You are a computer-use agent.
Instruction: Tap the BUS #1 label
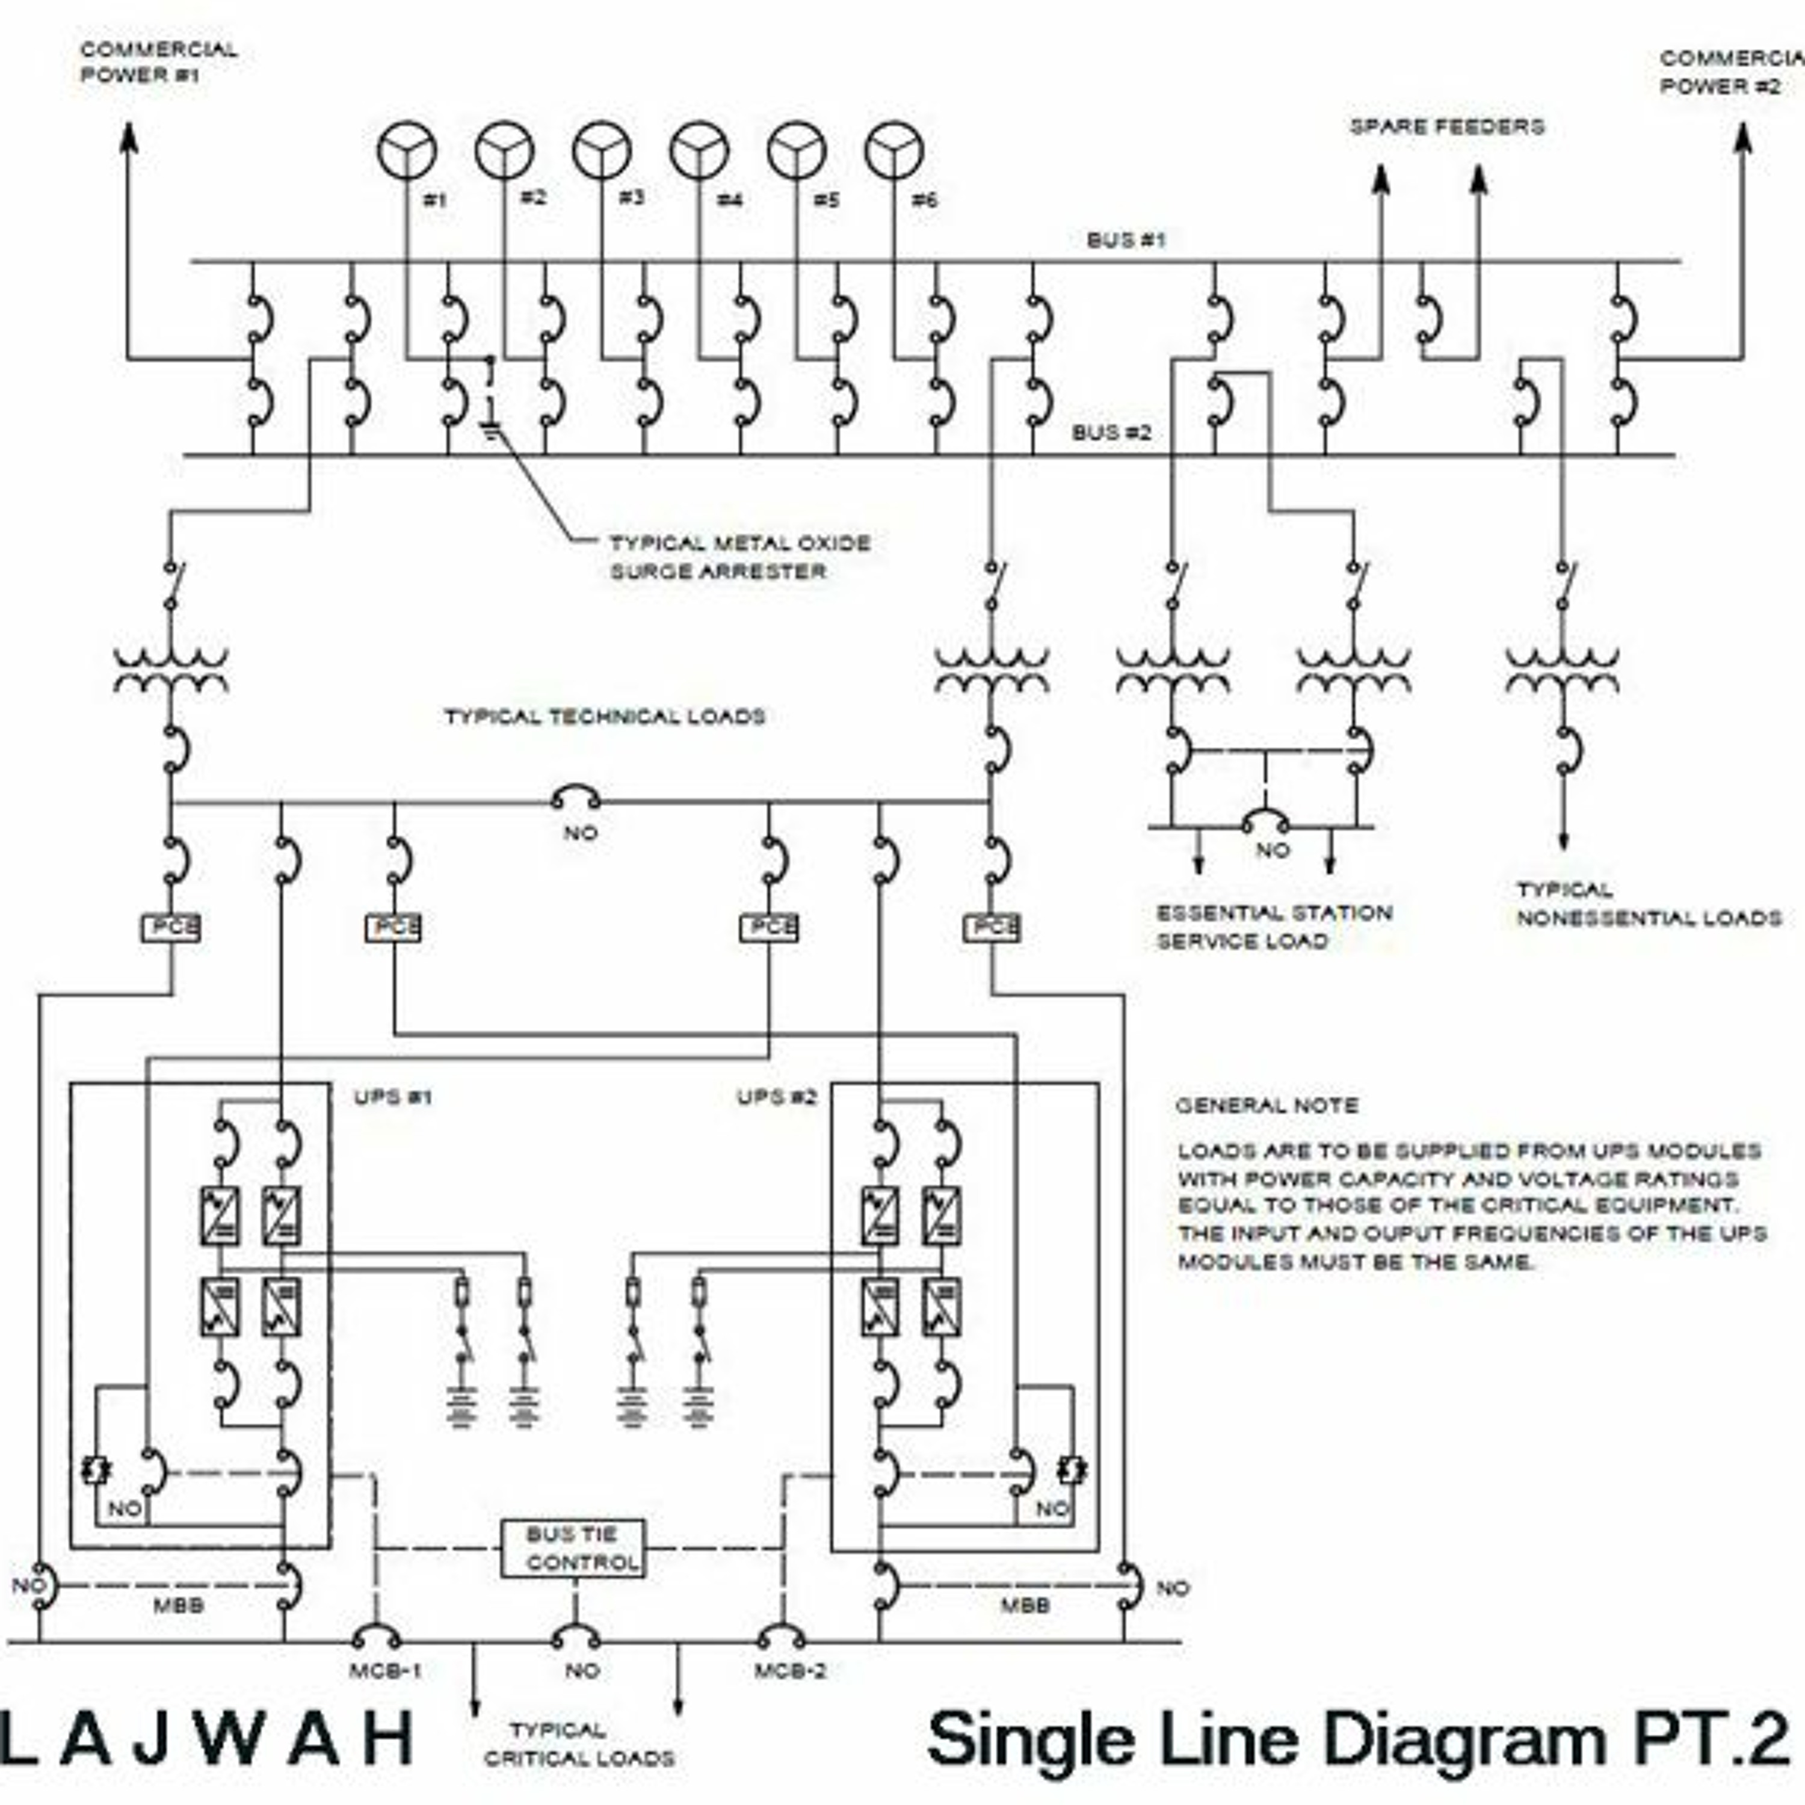point(1126,240)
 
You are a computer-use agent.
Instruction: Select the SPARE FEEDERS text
point(1446,126)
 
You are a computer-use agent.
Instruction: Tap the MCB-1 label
point(385,1670)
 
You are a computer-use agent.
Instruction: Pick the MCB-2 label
point(791,1670)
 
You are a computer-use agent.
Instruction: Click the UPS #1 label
point(392,1097)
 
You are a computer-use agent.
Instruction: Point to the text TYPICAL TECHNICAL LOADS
point(605,717)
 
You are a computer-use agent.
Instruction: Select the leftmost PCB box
point(171,928)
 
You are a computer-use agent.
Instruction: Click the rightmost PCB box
point(992,928)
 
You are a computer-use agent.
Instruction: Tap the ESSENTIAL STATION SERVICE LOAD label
point(1273,927)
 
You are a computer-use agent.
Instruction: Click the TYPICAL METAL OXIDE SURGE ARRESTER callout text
point(739,557)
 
